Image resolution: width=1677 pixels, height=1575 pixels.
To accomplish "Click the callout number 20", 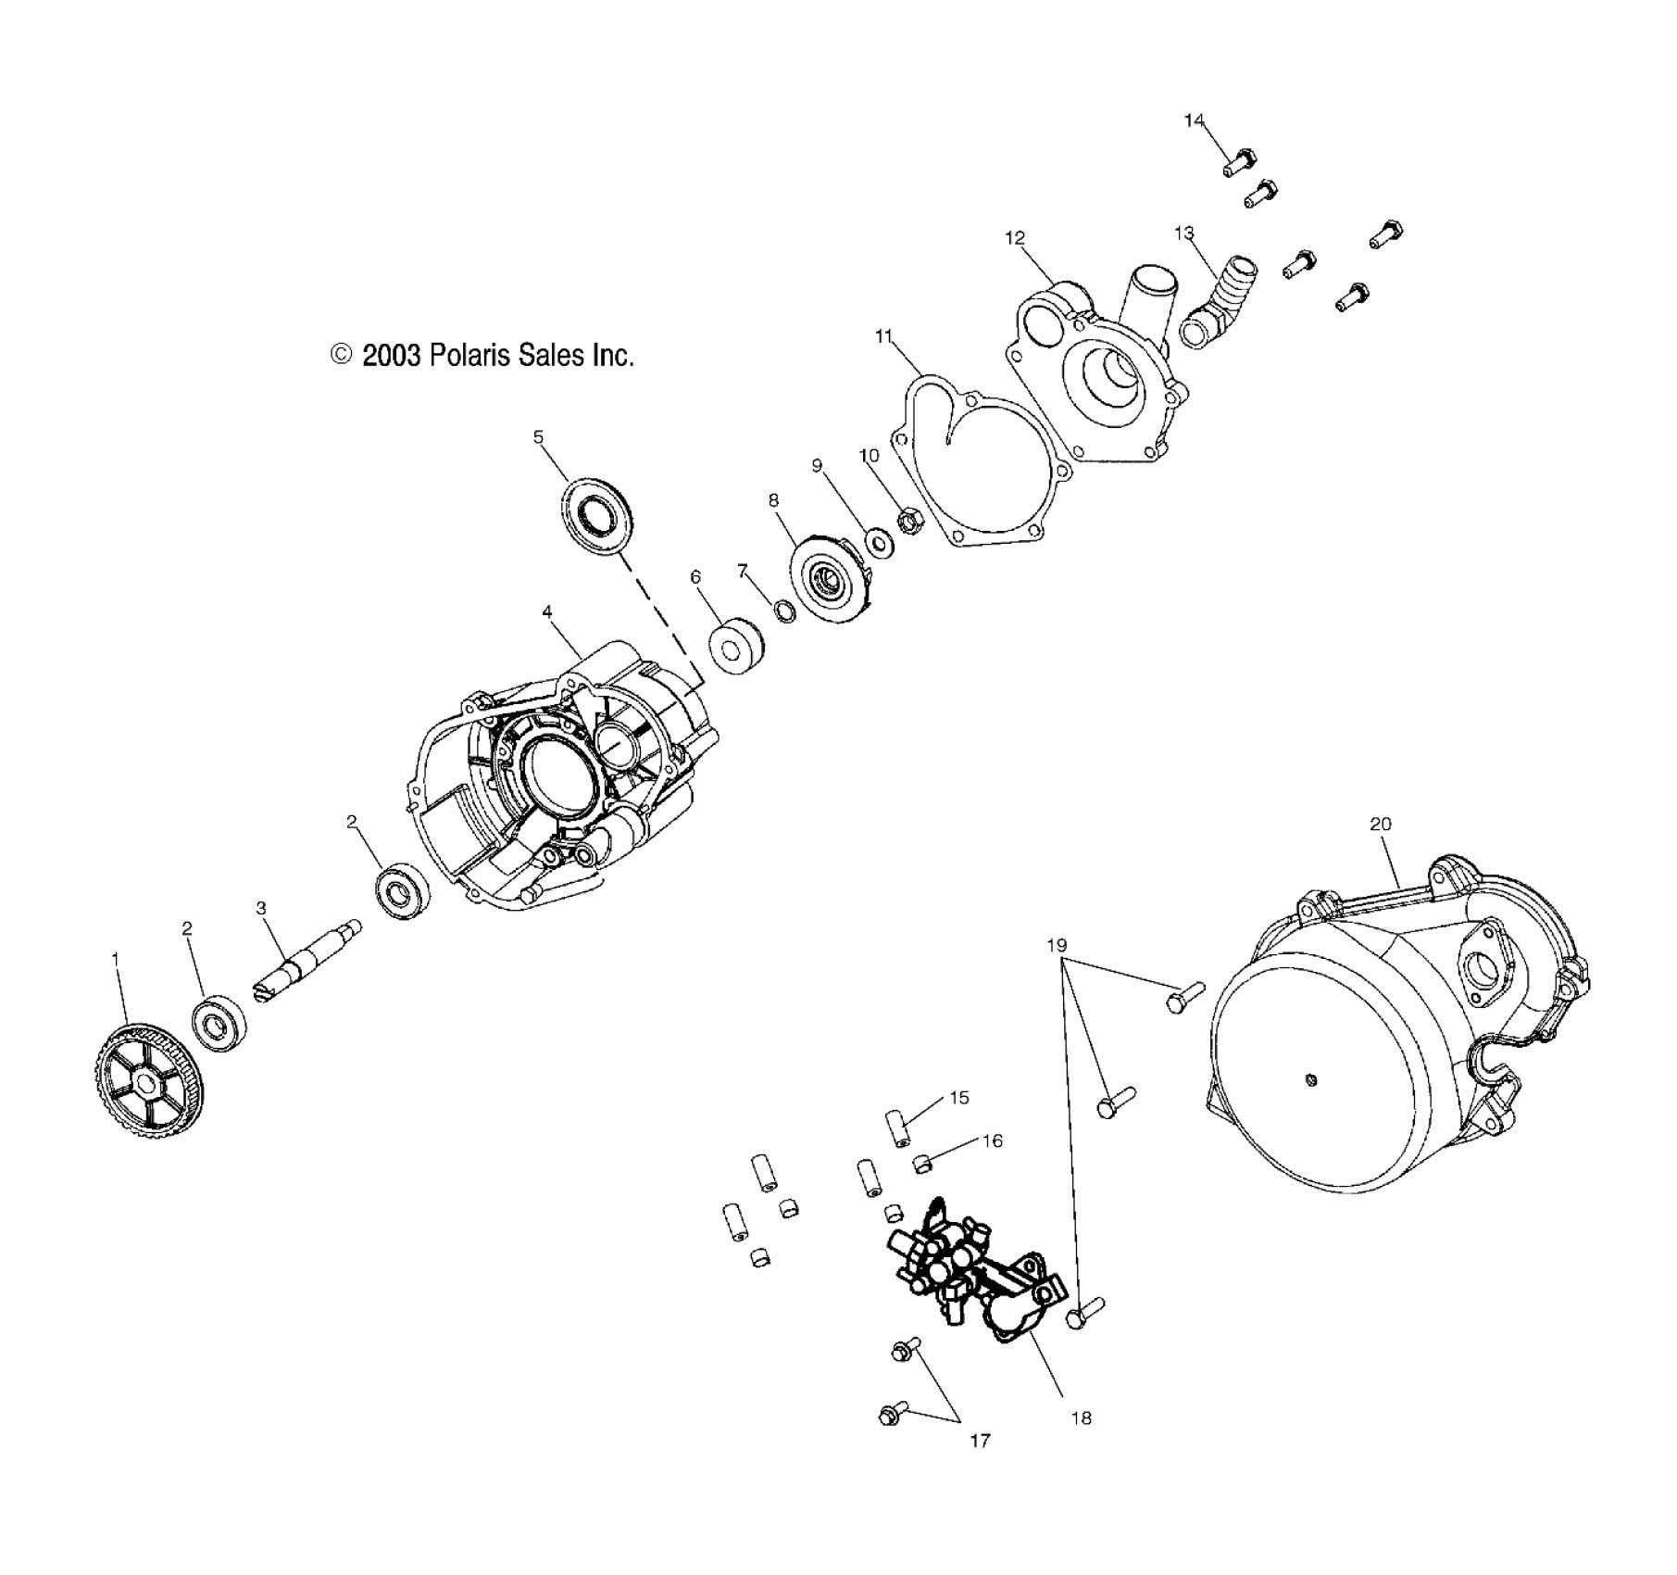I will pyautogui.click(x=1381, y=824).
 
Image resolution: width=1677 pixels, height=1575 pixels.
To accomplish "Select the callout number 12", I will pyautogui.click(x=1015, y=238).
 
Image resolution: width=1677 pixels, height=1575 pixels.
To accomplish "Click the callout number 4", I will pyautogui.click(x=547, y=611).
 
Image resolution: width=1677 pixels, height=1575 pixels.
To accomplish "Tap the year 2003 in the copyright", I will pyautogui.click(x=392, y=356).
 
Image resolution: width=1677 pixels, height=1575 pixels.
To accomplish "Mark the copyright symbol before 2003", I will pyautogui.click(x=342, y=355).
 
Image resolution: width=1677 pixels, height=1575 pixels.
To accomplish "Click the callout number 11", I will pyautogui.click(x=883, y=336).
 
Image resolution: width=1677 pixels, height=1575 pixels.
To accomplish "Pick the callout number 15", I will pyautogui.click(x=959, y=1097).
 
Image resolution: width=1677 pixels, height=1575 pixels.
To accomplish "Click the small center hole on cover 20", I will pyautogui.click(x=1310, y=1079).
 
